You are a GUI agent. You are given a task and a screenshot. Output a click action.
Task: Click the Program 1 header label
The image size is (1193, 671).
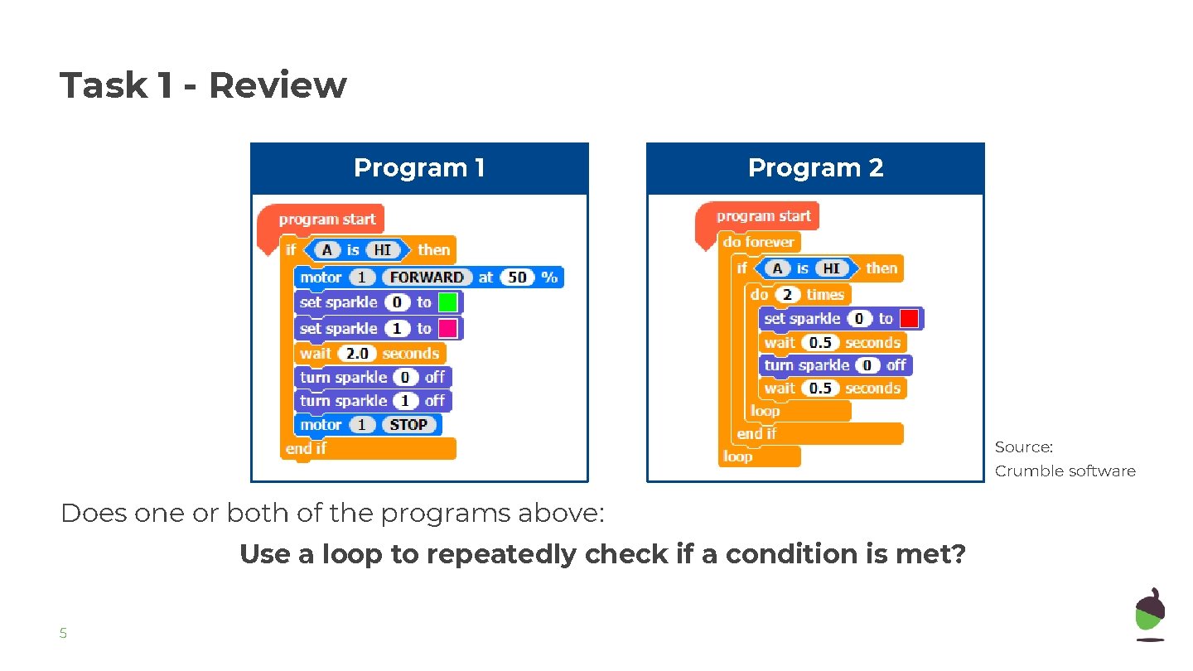419,168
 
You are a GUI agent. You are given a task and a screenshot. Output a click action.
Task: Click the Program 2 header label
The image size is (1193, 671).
815,168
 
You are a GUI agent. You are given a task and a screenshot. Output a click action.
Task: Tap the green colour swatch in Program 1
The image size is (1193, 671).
448,302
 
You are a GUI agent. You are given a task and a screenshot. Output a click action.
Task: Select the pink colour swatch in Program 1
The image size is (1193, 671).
448,329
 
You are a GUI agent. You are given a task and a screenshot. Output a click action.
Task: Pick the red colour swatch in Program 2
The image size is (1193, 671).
909,319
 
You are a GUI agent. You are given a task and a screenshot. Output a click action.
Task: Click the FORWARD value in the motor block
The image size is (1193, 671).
427,278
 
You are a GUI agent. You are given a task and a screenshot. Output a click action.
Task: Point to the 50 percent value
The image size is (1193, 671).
517,278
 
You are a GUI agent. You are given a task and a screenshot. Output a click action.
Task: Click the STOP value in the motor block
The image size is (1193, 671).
408,425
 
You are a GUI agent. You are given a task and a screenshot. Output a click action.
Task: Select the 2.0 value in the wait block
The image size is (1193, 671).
357,354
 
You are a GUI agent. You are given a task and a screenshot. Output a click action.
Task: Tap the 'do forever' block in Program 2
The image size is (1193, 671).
758,242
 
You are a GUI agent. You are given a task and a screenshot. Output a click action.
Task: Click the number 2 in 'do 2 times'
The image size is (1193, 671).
787,295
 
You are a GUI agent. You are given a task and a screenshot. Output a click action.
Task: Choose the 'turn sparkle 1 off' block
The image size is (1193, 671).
372,401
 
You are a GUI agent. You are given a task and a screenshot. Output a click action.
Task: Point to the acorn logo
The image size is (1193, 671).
1150,614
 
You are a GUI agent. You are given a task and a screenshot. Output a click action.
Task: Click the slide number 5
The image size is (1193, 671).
63,635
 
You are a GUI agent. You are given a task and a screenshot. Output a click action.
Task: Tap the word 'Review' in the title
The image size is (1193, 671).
277,85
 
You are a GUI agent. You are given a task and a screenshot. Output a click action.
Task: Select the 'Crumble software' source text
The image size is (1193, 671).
1065,471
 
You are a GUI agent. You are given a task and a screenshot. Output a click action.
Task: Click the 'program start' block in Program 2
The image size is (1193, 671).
763,216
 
